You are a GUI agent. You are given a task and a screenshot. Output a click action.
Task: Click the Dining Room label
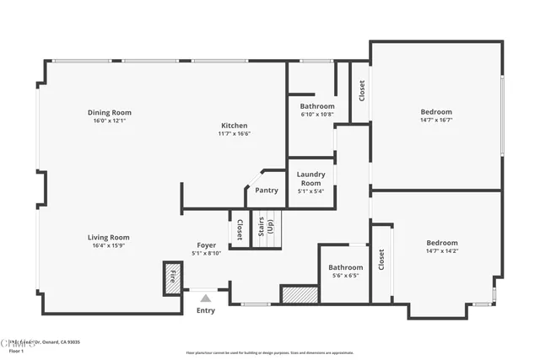click(x=110, y=112)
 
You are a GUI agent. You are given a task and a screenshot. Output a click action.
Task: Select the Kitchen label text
click(x=235, y=126)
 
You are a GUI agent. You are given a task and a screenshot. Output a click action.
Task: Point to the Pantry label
click(x=267, y=191)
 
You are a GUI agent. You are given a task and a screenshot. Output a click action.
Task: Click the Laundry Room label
click(x=310, y=179)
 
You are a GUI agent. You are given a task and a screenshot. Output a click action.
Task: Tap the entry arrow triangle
click(x=205, y=296)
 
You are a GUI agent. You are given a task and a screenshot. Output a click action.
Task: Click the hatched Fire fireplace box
click(x=172, y=277)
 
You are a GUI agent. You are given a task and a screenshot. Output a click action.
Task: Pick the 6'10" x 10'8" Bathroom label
click(x=317, y=106)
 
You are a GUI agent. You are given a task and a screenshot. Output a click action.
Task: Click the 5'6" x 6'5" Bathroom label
click(x=345, y=268)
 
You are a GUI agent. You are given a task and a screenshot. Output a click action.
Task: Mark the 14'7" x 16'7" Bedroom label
click(x=436, y=112)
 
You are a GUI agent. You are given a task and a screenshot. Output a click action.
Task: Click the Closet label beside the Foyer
click(x=239, y=230)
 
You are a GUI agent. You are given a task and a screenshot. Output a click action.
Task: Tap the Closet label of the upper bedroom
click(x=362, y=90)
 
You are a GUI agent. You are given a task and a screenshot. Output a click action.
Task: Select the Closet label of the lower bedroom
click(x=381, y=261)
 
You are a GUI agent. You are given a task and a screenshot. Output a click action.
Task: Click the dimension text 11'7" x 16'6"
click(x=235, y=133)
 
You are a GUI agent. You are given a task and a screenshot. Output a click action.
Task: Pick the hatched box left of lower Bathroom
click(x=299, y=295)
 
